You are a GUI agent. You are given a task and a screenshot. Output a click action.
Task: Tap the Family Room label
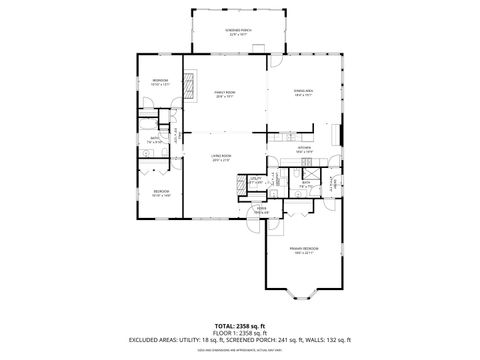[x=224, y=96]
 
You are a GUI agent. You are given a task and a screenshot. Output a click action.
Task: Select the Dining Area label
[x=304, y=96]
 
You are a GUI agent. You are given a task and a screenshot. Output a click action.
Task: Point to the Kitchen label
[x=305, y=150]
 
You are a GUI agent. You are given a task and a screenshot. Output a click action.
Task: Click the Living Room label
[x=221, y=159]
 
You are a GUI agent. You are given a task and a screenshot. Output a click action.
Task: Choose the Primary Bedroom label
[x=303, y=251]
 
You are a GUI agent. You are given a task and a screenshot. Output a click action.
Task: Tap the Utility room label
[x=256, y=182]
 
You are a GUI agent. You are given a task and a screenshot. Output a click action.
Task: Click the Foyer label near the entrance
[x=262, y=211]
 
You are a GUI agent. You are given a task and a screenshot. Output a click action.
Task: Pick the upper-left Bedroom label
[x=160, y=82]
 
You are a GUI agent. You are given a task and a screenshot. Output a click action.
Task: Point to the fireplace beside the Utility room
[x=269, y=185]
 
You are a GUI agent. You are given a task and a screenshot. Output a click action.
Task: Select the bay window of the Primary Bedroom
[x=303, y=296]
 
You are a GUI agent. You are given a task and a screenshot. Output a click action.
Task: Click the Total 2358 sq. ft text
[x=240, y=325]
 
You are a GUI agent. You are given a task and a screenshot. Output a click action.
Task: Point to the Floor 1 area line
[x=240, y=333]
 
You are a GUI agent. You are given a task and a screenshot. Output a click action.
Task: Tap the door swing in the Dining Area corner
[x=275, y=62]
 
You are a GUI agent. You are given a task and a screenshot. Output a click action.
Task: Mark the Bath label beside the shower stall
[x=305, y=182]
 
